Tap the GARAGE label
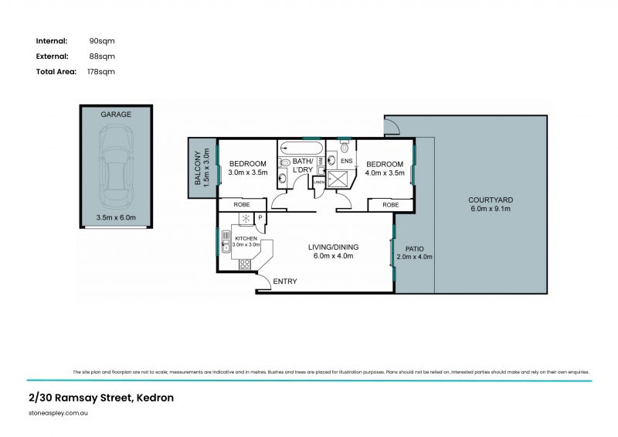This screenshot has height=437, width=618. [x=116, y=114]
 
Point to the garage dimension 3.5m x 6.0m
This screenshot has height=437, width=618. [x=116, y=218]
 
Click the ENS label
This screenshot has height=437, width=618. [x=347, y=161]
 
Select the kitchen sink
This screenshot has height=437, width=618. [x=226, y=241]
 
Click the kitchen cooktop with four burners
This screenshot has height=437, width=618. [x=244, y=264]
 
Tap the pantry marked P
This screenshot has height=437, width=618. [x=260, y=219]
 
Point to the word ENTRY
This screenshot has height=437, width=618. [x=285, y=282]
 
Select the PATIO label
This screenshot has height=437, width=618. [x=413, y=248]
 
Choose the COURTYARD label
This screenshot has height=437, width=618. [x=491, y=200]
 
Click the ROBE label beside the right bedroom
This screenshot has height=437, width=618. [x=391, y=205]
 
